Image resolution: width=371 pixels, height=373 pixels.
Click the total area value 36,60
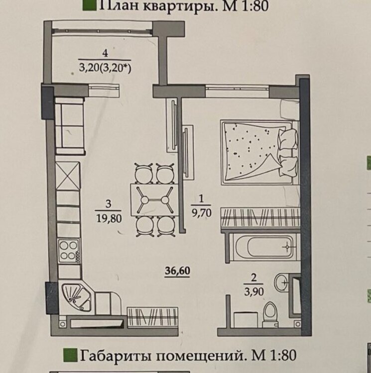tap(178, 271)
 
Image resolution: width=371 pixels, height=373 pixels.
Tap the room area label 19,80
tap(109, 218)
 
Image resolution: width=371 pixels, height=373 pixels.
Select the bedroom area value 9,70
tap(202, 213)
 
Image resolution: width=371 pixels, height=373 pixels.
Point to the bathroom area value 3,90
tap(254, 291)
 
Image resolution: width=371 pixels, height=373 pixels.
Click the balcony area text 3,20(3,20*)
tap(105, 68)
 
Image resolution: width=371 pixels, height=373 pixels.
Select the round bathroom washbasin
tap(281, 282)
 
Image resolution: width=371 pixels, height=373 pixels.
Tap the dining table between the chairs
tap(154, 199)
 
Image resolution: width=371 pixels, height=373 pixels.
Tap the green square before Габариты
tap(71, 356)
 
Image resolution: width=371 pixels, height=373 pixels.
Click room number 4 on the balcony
tap(105, 53)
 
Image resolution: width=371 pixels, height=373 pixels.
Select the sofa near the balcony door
tap(70, 126)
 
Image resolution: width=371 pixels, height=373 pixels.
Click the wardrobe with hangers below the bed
tap(260, 218)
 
